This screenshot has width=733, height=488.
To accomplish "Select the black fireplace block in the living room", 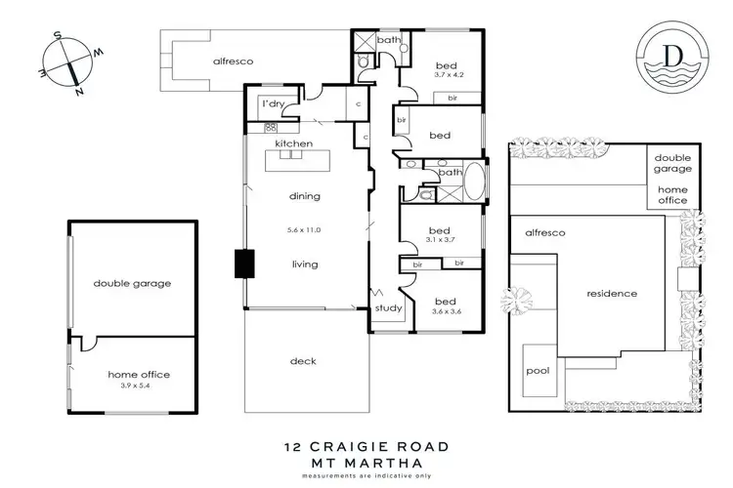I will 242,264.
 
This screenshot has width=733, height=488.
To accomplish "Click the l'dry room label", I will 271,104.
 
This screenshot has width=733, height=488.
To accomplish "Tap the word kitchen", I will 293,143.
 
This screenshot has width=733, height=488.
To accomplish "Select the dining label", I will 304,196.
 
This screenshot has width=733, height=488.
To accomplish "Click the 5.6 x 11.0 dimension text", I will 304,230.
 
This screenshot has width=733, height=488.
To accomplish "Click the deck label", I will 304,361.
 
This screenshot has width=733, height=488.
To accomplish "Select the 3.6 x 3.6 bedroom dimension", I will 446,312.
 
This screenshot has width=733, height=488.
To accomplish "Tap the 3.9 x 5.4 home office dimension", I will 131,385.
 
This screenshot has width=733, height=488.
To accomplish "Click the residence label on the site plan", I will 611,293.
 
